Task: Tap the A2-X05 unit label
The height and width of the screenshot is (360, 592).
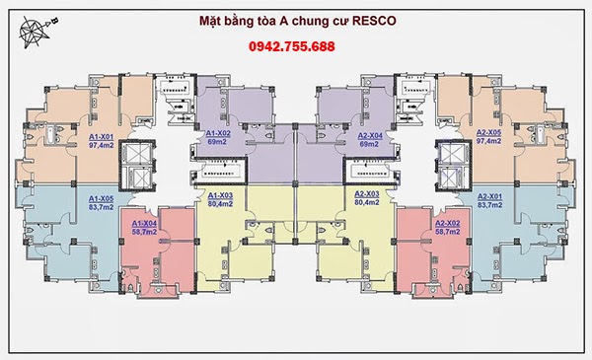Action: [x=489, y=132]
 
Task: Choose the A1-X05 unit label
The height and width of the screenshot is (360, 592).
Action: [x=102, y=197]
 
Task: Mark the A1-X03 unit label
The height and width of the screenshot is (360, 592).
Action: [x=220, y=195]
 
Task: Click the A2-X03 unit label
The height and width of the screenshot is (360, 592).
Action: [x=367, y=195]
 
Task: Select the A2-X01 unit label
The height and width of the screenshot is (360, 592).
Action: [x=490, y=197]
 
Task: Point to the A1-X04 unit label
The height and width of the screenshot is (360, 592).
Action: [x=145, y=224]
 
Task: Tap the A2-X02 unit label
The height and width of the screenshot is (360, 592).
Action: [x=449, y=224]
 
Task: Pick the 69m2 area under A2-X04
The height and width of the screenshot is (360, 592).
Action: [x=370, y=142]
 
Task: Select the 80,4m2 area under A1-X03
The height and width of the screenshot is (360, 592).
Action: [x=220, y=204]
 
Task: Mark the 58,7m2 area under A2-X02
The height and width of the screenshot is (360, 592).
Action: [x=449, y=233]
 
